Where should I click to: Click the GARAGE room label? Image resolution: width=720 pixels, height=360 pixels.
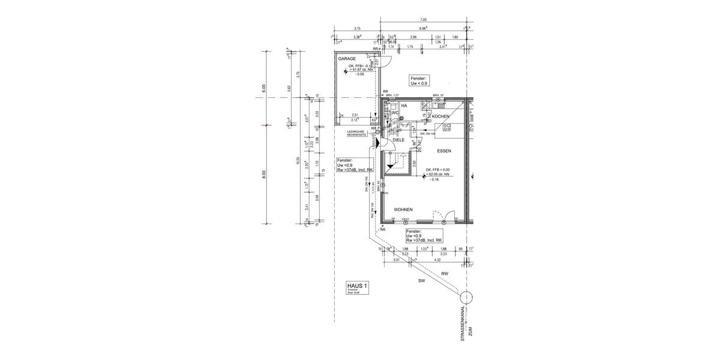point(347,59)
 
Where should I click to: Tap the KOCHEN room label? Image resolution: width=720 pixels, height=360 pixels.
point(440,116)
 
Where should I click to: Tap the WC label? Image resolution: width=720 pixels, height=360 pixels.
point(395,112)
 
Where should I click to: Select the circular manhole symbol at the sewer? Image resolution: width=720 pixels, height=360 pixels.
point(465,297)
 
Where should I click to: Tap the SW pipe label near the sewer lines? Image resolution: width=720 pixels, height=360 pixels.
point(421,280)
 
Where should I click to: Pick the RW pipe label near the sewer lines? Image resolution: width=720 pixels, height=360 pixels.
point(445,274)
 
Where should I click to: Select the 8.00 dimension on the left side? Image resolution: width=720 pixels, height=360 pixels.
point(262,174)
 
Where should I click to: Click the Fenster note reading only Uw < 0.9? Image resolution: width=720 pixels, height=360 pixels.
point(418,81)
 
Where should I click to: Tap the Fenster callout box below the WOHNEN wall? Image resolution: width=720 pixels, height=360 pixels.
point(424,235)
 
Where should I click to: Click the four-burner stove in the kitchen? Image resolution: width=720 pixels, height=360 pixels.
point(447,127)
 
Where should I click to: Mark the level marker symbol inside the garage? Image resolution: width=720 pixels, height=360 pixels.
point(346,71)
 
